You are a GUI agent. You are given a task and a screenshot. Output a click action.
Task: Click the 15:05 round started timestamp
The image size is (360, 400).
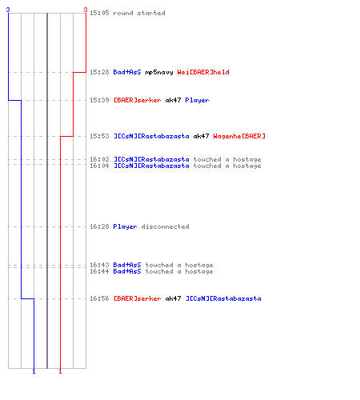tap(99, 13)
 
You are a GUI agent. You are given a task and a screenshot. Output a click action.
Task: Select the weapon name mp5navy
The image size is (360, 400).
tap(159, 72)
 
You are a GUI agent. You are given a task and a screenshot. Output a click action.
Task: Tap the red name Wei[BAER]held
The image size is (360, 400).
tap(203, 72)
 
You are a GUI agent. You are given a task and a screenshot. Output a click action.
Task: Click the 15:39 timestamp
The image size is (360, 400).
tap(99, 100)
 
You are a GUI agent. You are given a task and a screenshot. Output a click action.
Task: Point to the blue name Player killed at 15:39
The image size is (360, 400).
tap(197, 101)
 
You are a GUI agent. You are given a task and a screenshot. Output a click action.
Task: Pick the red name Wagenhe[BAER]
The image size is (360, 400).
tap(239, 136)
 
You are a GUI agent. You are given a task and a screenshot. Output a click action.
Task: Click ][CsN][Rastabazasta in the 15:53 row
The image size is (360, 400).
tap(151, 136)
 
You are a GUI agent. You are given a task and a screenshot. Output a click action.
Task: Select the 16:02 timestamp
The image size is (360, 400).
tap(99, 159)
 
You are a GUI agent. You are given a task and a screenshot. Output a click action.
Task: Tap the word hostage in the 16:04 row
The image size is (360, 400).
tap(247, 166)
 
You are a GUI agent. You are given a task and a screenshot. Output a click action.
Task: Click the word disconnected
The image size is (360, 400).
tap(165, 226)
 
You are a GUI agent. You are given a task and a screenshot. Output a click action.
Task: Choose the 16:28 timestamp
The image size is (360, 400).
tap(99, 226)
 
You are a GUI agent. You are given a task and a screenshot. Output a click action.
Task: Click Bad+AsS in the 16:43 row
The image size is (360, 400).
tap(127, 265)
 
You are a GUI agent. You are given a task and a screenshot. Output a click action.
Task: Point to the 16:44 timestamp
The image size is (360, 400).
tap(99, 271)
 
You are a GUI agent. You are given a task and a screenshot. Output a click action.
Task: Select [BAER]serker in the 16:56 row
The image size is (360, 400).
tap(138, 298)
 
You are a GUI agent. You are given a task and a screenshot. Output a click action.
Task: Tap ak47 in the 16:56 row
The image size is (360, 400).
tap(173, 298)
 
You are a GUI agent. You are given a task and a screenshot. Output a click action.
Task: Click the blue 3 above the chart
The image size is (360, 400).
tap(8, 10)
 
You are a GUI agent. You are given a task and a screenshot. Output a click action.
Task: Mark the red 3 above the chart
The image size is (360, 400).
tap(86, 10)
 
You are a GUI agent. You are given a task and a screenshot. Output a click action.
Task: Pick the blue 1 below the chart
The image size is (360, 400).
tap(34, 371)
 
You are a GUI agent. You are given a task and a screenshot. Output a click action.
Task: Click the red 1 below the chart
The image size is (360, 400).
tap(60, 371)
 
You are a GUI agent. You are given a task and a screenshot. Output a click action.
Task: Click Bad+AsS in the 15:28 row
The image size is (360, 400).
tap(127, 72)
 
